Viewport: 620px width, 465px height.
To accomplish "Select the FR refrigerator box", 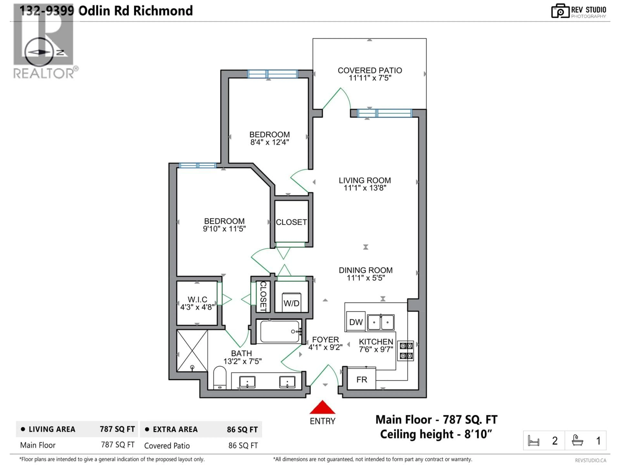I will coord(361,380).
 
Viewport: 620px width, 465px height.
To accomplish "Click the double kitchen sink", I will coord(381,322).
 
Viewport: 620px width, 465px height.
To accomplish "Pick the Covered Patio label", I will coord(370,71).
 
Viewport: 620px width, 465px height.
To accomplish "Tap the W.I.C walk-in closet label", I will coord(197,299).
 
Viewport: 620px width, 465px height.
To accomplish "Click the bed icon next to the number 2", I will coord(533,441).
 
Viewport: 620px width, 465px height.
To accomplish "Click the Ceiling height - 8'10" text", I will coord(436,434).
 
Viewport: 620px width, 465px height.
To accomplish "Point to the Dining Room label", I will coord(366,270).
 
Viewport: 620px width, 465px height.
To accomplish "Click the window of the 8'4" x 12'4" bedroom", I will coord(272,74).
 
